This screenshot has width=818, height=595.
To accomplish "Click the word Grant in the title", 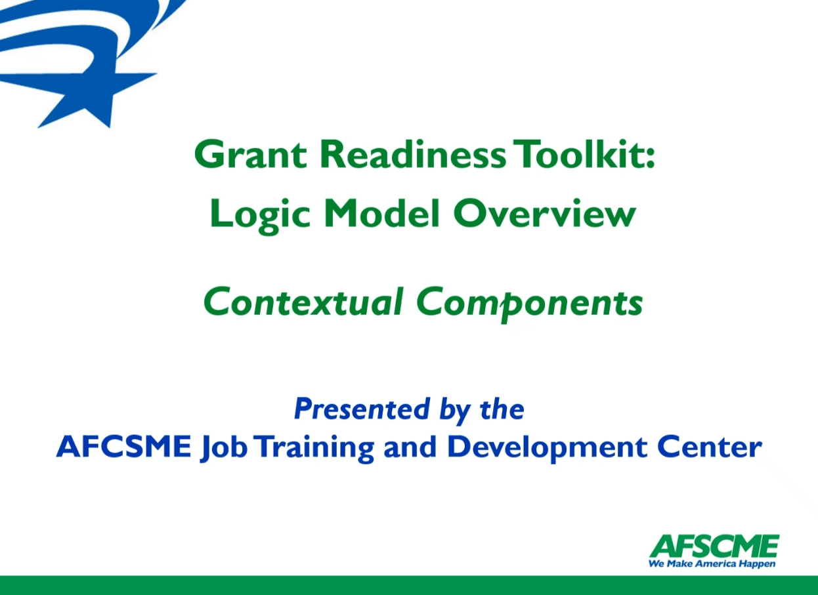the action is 251,155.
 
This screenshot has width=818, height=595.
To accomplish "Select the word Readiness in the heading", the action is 414,154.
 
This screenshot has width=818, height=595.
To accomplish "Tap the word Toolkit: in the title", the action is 584,154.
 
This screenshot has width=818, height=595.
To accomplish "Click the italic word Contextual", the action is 303,301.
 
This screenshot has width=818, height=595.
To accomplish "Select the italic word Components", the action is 530,304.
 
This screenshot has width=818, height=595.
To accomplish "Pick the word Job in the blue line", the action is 223,449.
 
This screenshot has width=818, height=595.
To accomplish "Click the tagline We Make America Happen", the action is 712,564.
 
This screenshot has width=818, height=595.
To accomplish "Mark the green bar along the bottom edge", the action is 409,586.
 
